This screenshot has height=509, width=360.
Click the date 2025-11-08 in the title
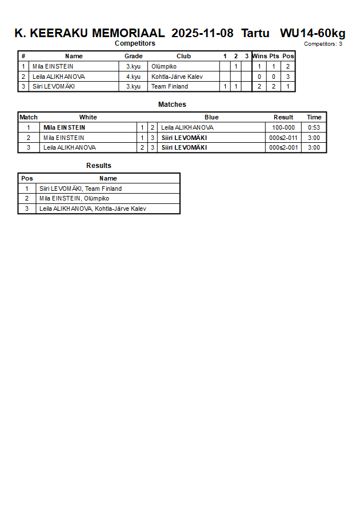[202, 33]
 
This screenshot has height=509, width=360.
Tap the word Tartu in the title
[255, 33]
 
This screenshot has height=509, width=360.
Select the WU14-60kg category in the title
[312, 33]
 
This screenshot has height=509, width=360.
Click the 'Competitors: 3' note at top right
[323, 44]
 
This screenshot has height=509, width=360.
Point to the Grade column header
[133, 56]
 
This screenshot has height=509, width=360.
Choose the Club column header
[183, 56]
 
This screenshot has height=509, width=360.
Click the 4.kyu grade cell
[133, 77]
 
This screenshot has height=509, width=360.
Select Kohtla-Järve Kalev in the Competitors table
[177, 77]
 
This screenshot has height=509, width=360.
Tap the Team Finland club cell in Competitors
[170, 87]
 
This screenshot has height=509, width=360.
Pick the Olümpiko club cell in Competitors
[164, 66]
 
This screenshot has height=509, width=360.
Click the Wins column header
[259, 56]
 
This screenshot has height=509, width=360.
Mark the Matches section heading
[172, 105]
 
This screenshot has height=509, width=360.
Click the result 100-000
[283, 127]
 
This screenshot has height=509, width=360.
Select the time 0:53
[314, 127]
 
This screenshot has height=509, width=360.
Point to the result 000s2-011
[283, 138]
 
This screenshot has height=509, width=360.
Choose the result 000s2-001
[283, 147]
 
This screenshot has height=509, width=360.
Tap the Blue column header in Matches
[211, 117]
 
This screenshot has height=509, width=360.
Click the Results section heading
[99, 166]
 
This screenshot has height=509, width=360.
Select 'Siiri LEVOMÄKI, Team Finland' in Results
[81, 189]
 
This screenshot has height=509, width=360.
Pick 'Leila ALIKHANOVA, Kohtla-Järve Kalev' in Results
[93, 209]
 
